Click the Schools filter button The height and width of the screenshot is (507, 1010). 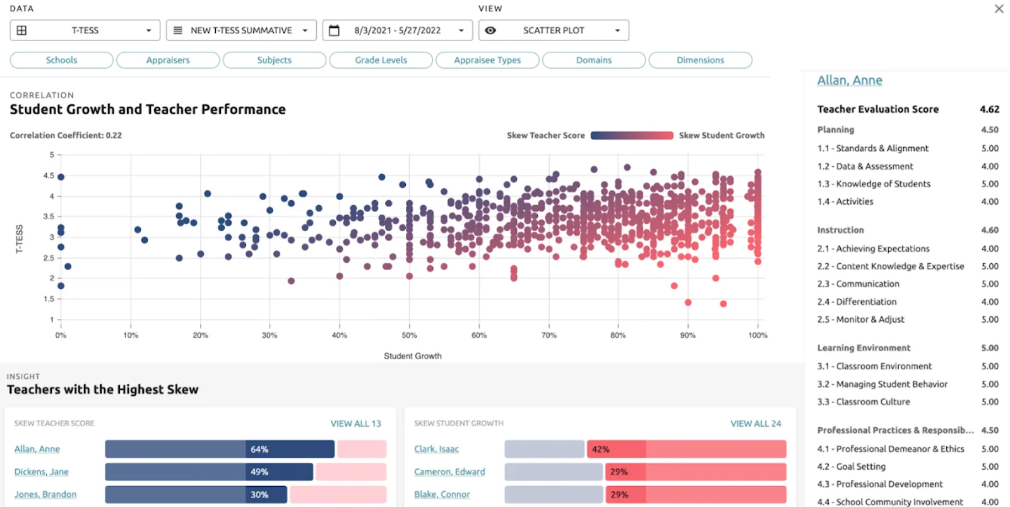[61, 60]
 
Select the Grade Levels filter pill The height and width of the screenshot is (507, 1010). [381, 60]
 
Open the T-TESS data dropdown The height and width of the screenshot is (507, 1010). [85, 30]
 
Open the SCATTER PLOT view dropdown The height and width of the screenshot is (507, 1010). [554, 30]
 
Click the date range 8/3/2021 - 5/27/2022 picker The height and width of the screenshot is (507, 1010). [397, 30]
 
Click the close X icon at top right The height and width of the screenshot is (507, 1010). [999, 9]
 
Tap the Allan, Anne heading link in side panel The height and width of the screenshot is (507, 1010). [849, 80]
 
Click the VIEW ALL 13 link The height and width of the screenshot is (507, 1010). [355, 424]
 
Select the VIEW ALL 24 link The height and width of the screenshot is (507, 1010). [755, 424]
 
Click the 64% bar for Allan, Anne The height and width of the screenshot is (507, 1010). [259, 450]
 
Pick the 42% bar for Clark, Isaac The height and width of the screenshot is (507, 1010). [600, 450]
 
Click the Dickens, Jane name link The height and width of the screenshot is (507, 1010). [42, 472]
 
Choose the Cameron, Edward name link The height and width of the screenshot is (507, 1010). [449, 472]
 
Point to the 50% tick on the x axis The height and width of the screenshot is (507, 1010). [409, 335]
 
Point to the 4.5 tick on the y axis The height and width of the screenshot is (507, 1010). [49, 176]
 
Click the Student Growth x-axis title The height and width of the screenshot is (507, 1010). [412, 356]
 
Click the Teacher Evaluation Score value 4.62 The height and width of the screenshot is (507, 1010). [989, 109]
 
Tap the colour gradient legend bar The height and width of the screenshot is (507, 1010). [631, 135]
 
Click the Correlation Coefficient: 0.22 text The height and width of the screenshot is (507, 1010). [66, 135]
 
